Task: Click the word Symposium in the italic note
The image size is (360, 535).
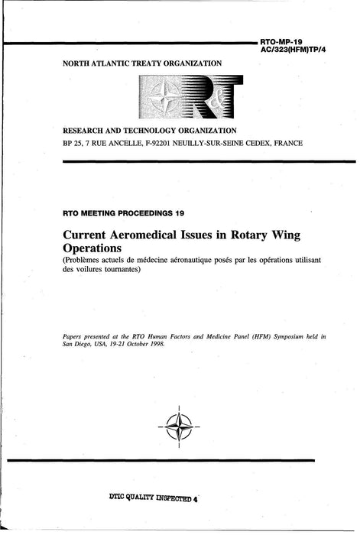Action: [x=274, y=335]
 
